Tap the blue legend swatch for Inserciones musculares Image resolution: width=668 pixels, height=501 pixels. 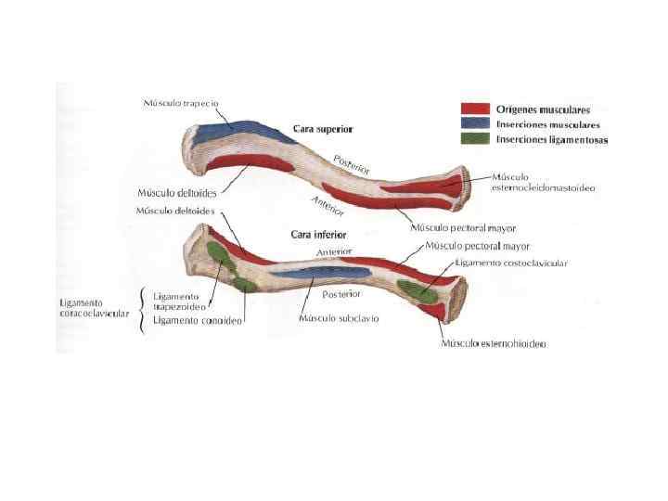[476, 124]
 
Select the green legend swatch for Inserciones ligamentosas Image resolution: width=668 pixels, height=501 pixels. [476, 139]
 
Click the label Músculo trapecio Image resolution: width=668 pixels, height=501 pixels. [181, 102]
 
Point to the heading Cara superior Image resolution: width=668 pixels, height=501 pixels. [322, 128]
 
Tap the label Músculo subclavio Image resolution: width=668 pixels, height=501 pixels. [338, 317]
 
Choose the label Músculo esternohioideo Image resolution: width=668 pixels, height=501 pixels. [493, 343]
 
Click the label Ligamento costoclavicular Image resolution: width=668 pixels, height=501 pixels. [510, 263]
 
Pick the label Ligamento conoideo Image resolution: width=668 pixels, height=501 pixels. [198, 321]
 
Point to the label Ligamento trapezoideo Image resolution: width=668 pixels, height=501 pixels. [179, 302]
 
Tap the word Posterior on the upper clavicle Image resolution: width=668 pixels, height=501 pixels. [352, 164]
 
